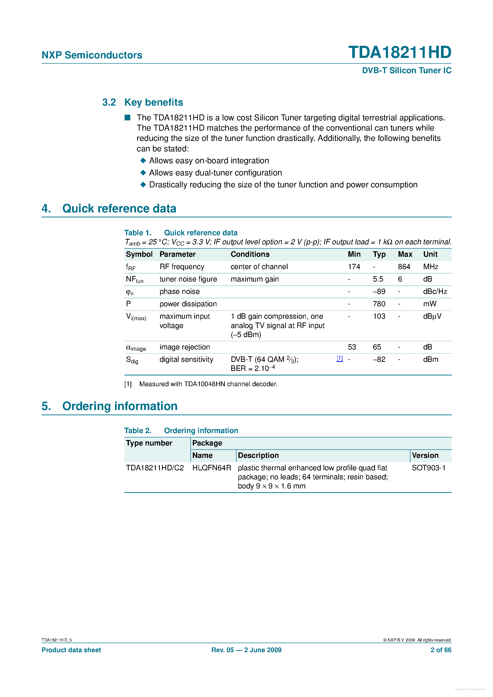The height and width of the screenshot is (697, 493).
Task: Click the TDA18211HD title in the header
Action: [399, 52]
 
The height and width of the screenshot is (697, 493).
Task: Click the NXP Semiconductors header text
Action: [92, 55]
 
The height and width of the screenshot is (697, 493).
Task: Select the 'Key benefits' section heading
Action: [153, 102]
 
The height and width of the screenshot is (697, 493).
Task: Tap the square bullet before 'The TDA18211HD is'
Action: [127, 118]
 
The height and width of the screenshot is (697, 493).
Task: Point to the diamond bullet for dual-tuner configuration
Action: [143, 173]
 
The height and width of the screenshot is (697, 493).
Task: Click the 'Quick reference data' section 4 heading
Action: [119, 209]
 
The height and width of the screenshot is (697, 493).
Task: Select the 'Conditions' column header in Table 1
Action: [250, 254]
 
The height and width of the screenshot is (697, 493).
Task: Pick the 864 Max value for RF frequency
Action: [404, 267]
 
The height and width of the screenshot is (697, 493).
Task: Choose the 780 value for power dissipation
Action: [379, 304]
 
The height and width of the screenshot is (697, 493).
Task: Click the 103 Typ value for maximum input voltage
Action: [379, 317]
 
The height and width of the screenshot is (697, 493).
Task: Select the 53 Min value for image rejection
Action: [352, 347]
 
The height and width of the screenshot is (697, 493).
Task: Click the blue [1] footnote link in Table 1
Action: [340, 359]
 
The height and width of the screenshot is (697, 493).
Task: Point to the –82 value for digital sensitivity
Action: [379, 360]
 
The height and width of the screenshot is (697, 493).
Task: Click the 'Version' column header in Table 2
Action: [425, 456]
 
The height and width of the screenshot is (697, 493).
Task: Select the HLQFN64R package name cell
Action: [212, 468]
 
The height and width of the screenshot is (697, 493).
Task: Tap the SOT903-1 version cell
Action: [428, 468]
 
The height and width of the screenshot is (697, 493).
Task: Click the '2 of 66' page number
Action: [441, 650]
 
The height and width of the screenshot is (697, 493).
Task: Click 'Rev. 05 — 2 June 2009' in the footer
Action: [246, 650]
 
